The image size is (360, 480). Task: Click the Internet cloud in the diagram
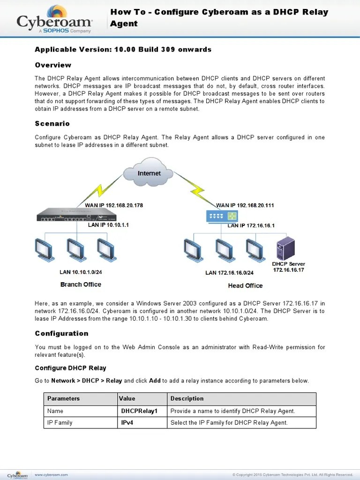[x=149, y=173]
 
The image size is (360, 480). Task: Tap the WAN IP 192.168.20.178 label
[x=114, y=205]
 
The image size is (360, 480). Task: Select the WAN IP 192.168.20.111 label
[x=245, y=205]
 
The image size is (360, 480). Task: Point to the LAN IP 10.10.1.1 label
[x=108, y=225]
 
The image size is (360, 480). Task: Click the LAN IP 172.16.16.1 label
[x=251, y=225]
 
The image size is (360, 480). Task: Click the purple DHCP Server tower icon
[x=286, y=247]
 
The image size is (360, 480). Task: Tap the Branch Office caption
[x=81, y=285]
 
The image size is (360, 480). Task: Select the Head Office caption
[x=245, y=285]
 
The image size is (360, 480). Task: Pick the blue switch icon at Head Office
[x=222, y=216]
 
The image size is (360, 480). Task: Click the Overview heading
[x=53, y=65]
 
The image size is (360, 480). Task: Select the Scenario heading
[x=52, y=124]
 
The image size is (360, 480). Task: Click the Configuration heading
[x=61, y=333]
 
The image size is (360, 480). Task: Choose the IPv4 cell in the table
[x=127, y=423]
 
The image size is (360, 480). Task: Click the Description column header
[x=187, y=398]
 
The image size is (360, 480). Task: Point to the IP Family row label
[x=60, y=423]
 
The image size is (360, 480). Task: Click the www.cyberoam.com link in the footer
[x=52, y=474]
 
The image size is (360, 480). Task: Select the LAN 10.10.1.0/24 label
[x=81, y=272]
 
